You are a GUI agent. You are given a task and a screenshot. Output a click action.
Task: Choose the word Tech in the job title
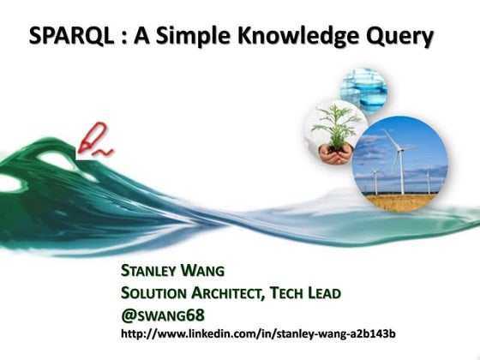point(289,293)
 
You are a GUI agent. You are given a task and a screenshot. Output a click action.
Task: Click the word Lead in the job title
point(325,293)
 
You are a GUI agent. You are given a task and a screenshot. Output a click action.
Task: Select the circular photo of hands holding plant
point(335,133)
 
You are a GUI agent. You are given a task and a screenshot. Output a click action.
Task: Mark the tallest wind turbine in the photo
point(399,159)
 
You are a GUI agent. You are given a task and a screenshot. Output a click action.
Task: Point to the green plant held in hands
point(335,124)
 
